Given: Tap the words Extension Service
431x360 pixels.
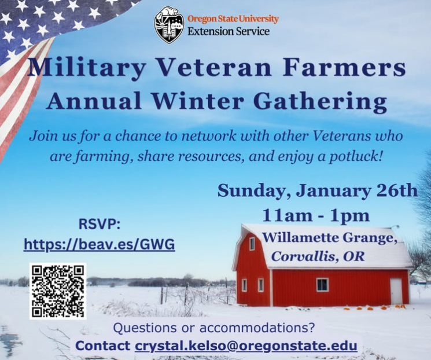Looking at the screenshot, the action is point(229,31).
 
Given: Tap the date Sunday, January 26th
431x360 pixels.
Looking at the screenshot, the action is point(318,190).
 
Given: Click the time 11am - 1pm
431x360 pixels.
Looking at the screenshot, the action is point(316,216).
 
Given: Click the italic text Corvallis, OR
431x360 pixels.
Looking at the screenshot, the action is point(318,256).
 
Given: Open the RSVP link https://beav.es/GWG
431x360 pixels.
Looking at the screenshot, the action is point(100,244).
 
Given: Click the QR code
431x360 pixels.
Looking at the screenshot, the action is point(58,291).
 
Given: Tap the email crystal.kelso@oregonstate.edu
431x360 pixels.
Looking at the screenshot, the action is point(246,346).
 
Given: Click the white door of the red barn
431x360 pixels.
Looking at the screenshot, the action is point(396,291).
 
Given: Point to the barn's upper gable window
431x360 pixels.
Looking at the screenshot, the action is point(252,244).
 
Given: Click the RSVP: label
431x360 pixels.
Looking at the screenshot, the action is point(100,224).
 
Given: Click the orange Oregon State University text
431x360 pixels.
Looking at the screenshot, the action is point(233,19).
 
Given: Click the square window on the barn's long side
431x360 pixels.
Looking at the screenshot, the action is point(322,285).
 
